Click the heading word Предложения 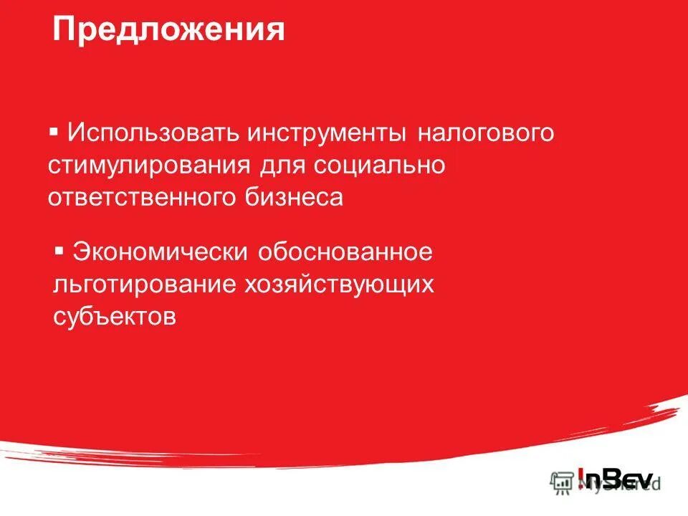pos(168,31)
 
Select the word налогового pos(477,134)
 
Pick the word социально pos(379,166)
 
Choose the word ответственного pos(133,197)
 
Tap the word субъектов pos(115,316)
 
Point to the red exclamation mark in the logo pos(581,479)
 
